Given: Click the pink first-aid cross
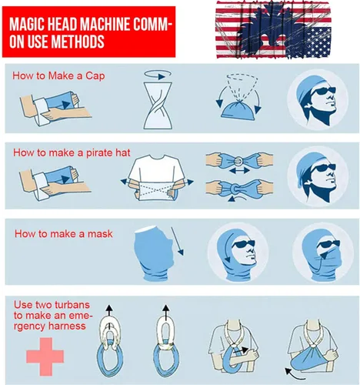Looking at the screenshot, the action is (x=45, y=357).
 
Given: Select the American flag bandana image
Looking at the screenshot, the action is (x=273, y=30).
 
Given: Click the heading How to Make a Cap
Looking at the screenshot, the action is (x=58, y=75).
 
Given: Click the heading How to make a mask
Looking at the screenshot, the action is (x=64, y=234).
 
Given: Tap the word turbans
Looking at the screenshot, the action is (x=72, y=305).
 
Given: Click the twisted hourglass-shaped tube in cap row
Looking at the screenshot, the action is (x=157, y=105).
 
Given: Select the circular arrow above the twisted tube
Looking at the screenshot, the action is (x=158, y=75).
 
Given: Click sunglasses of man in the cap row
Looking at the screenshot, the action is (x=324, y=91).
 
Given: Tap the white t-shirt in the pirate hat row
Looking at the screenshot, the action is (x=157, y=177).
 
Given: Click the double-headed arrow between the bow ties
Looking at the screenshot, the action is (x=239, y=170).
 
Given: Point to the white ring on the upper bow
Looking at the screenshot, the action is (x=238, y=161).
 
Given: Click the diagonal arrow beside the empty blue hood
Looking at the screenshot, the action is (x=178, y=241).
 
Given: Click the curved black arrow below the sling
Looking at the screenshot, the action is (x=294, y=374).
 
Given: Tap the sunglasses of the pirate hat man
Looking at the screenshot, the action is (x=324, y=168).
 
